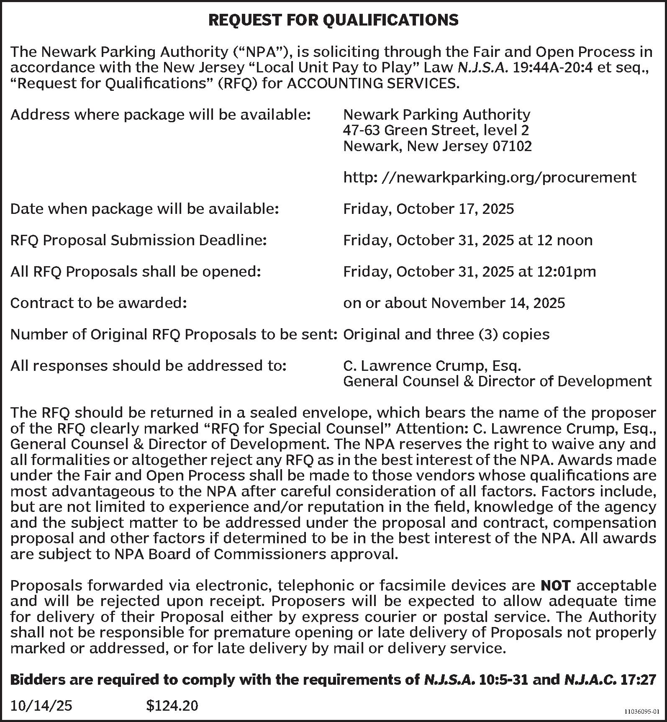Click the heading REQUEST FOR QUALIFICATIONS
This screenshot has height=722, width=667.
click(x=333, y=20)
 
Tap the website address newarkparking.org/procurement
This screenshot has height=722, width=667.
click(x=490, y=177)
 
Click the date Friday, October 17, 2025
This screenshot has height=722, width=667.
click(x=428, y=209)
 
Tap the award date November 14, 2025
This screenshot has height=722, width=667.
click(x=498, y=303)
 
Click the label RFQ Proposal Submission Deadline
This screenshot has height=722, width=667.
click(x=139, y=240)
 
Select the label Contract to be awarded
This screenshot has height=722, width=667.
click(x=98, y=303)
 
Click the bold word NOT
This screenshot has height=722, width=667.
click(x=556, y=585)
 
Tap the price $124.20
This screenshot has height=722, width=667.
click(x=172, y=706)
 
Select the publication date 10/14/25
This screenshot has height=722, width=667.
click(x=41, y=706)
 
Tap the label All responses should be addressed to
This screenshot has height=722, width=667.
click(x=148, y=366)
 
